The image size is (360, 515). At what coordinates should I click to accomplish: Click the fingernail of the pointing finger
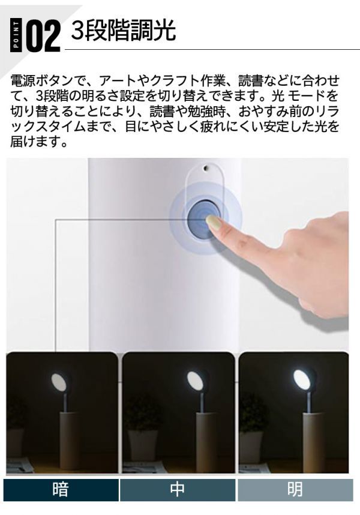[214, 224]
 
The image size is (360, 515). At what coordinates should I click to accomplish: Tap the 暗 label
[61, 489]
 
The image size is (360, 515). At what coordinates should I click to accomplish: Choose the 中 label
[178, 489]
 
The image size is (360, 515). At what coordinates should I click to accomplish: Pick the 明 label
[295, 489]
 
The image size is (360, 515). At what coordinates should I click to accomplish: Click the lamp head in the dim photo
[59, 381]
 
